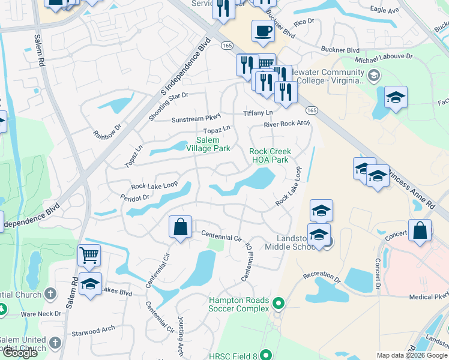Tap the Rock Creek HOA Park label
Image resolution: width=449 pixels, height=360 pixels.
(x=270, y=155)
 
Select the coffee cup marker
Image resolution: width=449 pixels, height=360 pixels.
(x=262, y=31)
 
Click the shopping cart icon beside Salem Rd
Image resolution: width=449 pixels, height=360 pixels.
(x=89, y=255)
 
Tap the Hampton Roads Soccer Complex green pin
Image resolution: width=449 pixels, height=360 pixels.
(x=278, y=304)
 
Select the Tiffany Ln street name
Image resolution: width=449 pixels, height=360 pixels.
(x=258, y=113)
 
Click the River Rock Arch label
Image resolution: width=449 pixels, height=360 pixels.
(x=287, y=124)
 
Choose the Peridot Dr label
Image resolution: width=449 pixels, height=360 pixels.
(x=134, y=197)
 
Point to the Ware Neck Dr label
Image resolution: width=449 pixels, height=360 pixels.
(x=41, y=314)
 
